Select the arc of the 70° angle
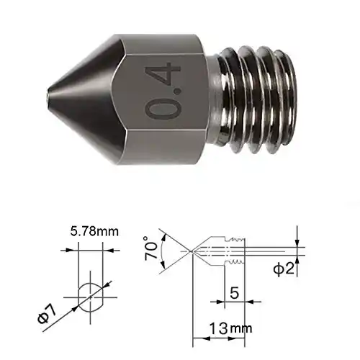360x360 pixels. tap(165, 250)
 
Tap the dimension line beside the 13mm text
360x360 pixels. tap(209, 337)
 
